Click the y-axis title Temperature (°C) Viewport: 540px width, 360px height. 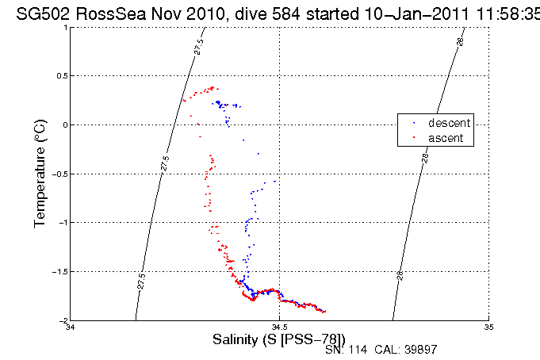tap(40, 174)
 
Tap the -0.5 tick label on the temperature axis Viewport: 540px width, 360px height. tap(58, 174)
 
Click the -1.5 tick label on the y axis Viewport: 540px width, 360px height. tap(58, 272)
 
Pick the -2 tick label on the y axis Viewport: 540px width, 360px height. tap(61, 320)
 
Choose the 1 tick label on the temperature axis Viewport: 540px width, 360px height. tap(64, 27)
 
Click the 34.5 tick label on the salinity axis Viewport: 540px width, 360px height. tap(279, 327)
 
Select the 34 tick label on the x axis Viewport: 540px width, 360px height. tap(71, 327)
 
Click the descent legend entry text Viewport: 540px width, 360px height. tap(449, 123)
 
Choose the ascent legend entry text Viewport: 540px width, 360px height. tap(446, 138)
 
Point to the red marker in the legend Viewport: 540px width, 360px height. tap(414, 138)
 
